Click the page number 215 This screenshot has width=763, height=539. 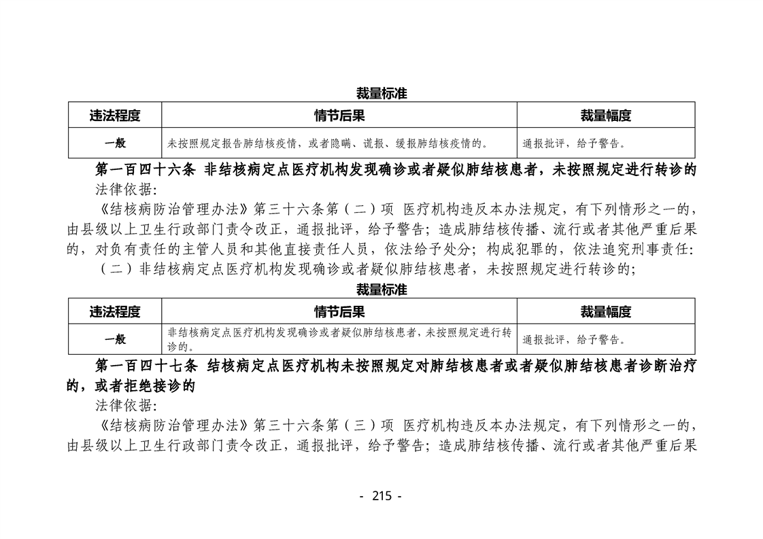[x=381, y=496]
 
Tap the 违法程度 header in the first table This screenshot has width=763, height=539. [x=115, y=115]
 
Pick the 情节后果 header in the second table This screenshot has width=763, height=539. [x=339, y=311]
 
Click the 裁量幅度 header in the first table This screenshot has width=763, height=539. [x=605, y=115]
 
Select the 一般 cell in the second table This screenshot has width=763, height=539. [x=115, y=339]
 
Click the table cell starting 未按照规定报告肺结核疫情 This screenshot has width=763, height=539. [x=328, y=143]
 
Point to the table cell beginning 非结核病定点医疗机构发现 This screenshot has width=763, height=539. [x=339, y=339]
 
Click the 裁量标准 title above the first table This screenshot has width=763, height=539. [x=381, y=94]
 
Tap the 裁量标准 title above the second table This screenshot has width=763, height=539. [x=381, y=290]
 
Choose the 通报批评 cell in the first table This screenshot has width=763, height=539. [x=573, y=143]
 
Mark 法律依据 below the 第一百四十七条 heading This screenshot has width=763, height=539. [x=125, y=406]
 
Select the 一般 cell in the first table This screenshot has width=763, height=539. [x=115, y=143]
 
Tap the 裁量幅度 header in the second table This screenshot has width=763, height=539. [x=605, y=311]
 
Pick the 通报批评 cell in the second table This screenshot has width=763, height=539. [x=573, y=340]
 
